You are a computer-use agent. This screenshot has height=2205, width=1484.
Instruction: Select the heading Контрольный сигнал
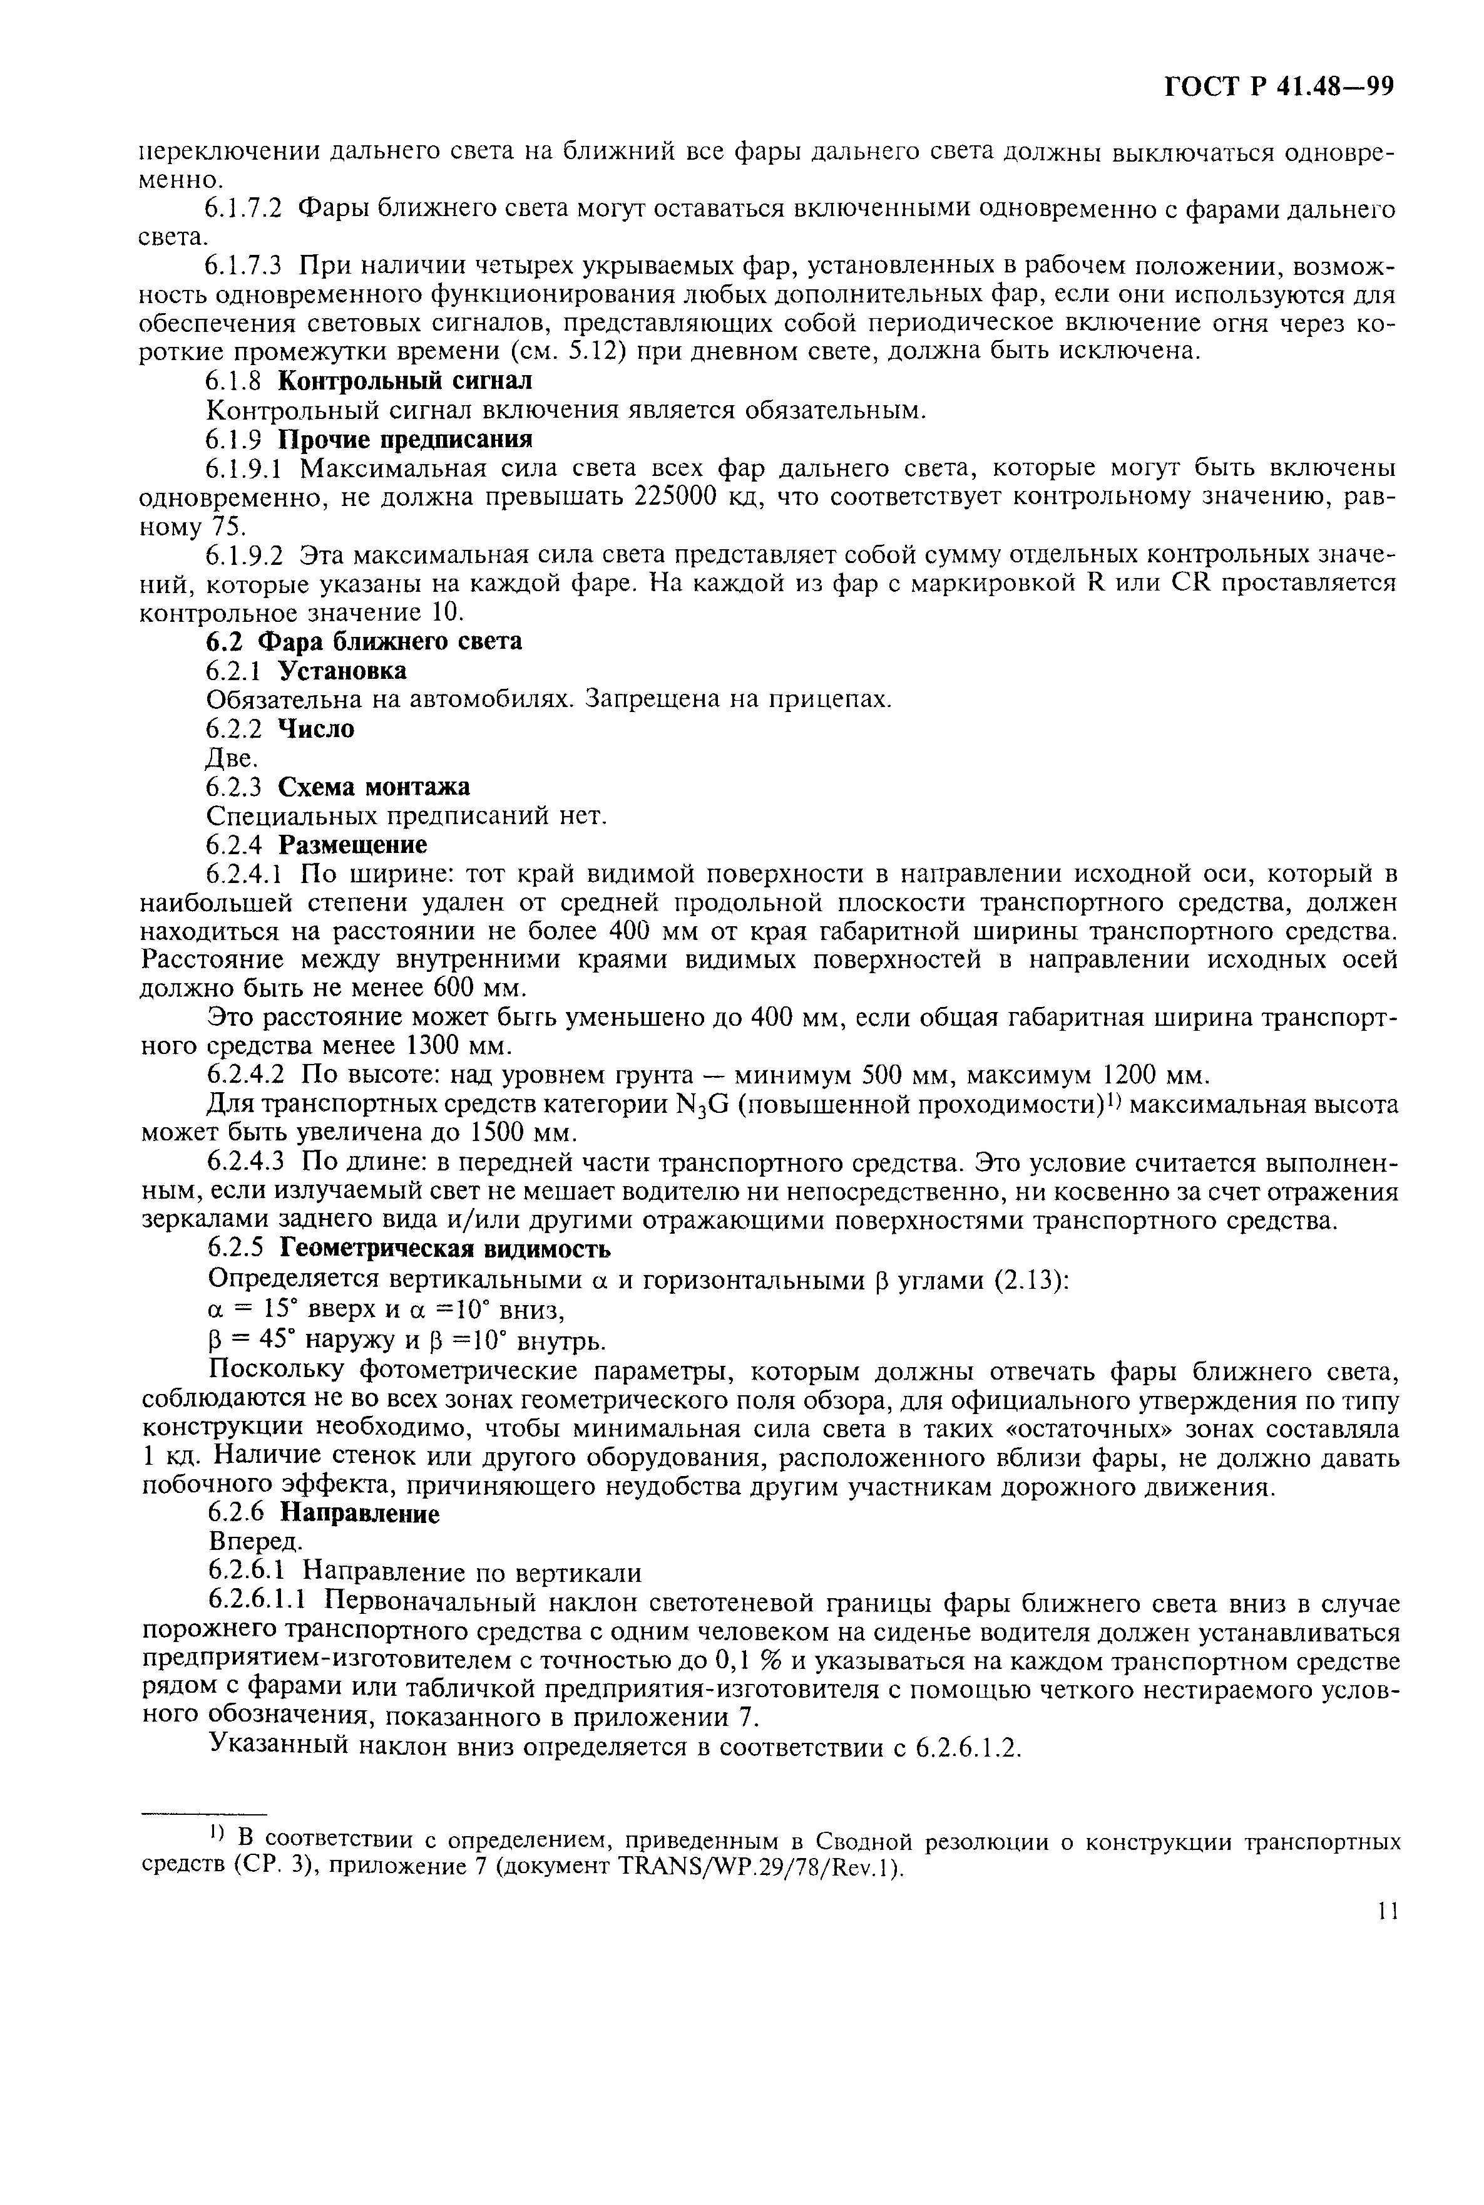tap(405, 381)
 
